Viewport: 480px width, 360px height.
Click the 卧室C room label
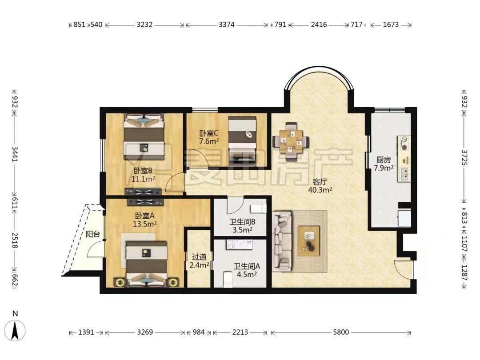tap(209, 133)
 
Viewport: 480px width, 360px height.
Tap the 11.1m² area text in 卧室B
tap(143, 179)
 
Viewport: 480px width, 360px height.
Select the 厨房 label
tap(384, 160)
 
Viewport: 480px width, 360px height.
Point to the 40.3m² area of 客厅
tap(320, 190)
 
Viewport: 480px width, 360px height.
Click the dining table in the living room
tap(291, 141)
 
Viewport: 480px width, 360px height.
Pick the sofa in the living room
tap(282, 241)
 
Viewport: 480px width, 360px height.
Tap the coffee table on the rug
tap(309, 240)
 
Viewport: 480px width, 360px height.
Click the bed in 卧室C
tap(242, 139)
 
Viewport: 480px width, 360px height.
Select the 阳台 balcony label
tap(93, 235)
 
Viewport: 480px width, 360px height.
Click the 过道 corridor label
tap(199, 256)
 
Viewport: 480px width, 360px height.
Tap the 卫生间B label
tap(243, 222)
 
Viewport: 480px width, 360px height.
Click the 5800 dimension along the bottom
tap(341, 332)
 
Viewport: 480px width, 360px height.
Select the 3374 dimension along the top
tap(227, 24)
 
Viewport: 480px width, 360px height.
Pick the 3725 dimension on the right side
tap(464, 158)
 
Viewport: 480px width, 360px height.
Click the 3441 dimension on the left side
tap(15, 154)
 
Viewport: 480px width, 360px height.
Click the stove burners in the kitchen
tap(404, 143)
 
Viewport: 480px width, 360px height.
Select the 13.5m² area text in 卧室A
tap(144, 224)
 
